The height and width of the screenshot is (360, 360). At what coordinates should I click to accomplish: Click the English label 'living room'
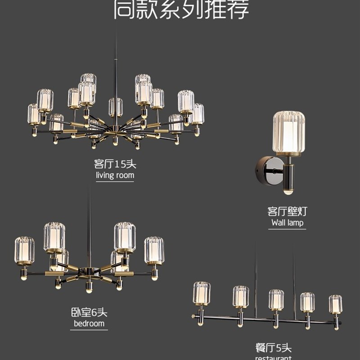(115, 175)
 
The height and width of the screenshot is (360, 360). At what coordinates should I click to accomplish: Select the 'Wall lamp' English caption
(287, 223)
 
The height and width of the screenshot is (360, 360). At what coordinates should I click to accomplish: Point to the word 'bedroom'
(89, 324)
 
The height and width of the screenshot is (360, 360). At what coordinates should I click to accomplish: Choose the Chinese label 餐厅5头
(274, 347)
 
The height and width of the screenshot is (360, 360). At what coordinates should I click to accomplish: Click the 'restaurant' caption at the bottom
(274, 357)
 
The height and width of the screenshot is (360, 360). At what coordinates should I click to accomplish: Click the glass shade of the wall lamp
(288, 133)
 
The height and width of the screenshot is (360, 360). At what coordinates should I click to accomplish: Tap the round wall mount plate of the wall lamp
(262, 169)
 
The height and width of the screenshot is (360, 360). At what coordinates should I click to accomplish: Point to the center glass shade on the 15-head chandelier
(115, 107)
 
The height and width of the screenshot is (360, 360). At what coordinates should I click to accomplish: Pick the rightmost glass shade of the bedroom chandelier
(154, 250)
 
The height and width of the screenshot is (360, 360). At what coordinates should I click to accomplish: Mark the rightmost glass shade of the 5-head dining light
(335, 304)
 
